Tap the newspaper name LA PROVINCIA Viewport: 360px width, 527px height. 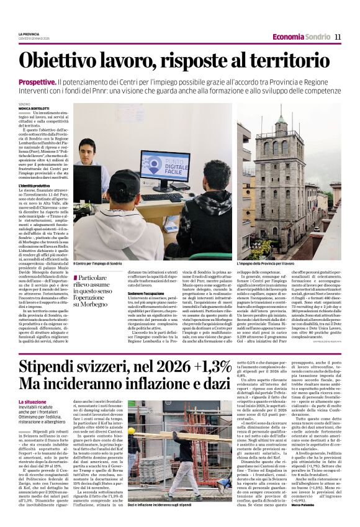(29, 34)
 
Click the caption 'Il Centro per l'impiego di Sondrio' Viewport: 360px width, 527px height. (98, 264)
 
